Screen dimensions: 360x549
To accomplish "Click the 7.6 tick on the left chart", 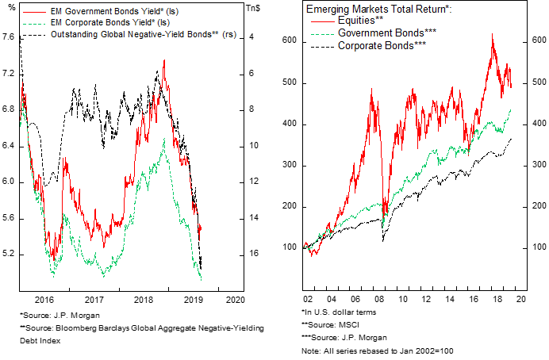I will [10, 37].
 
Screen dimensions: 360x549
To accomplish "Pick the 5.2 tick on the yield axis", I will [10, 255].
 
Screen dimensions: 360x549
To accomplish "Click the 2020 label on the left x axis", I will [235, 301].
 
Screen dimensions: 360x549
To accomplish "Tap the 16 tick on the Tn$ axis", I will [253, 255].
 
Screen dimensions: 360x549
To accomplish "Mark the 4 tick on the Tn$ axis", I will [251, 37].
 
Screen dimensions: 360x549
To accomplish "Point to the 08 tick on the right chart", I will [384, 301].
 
